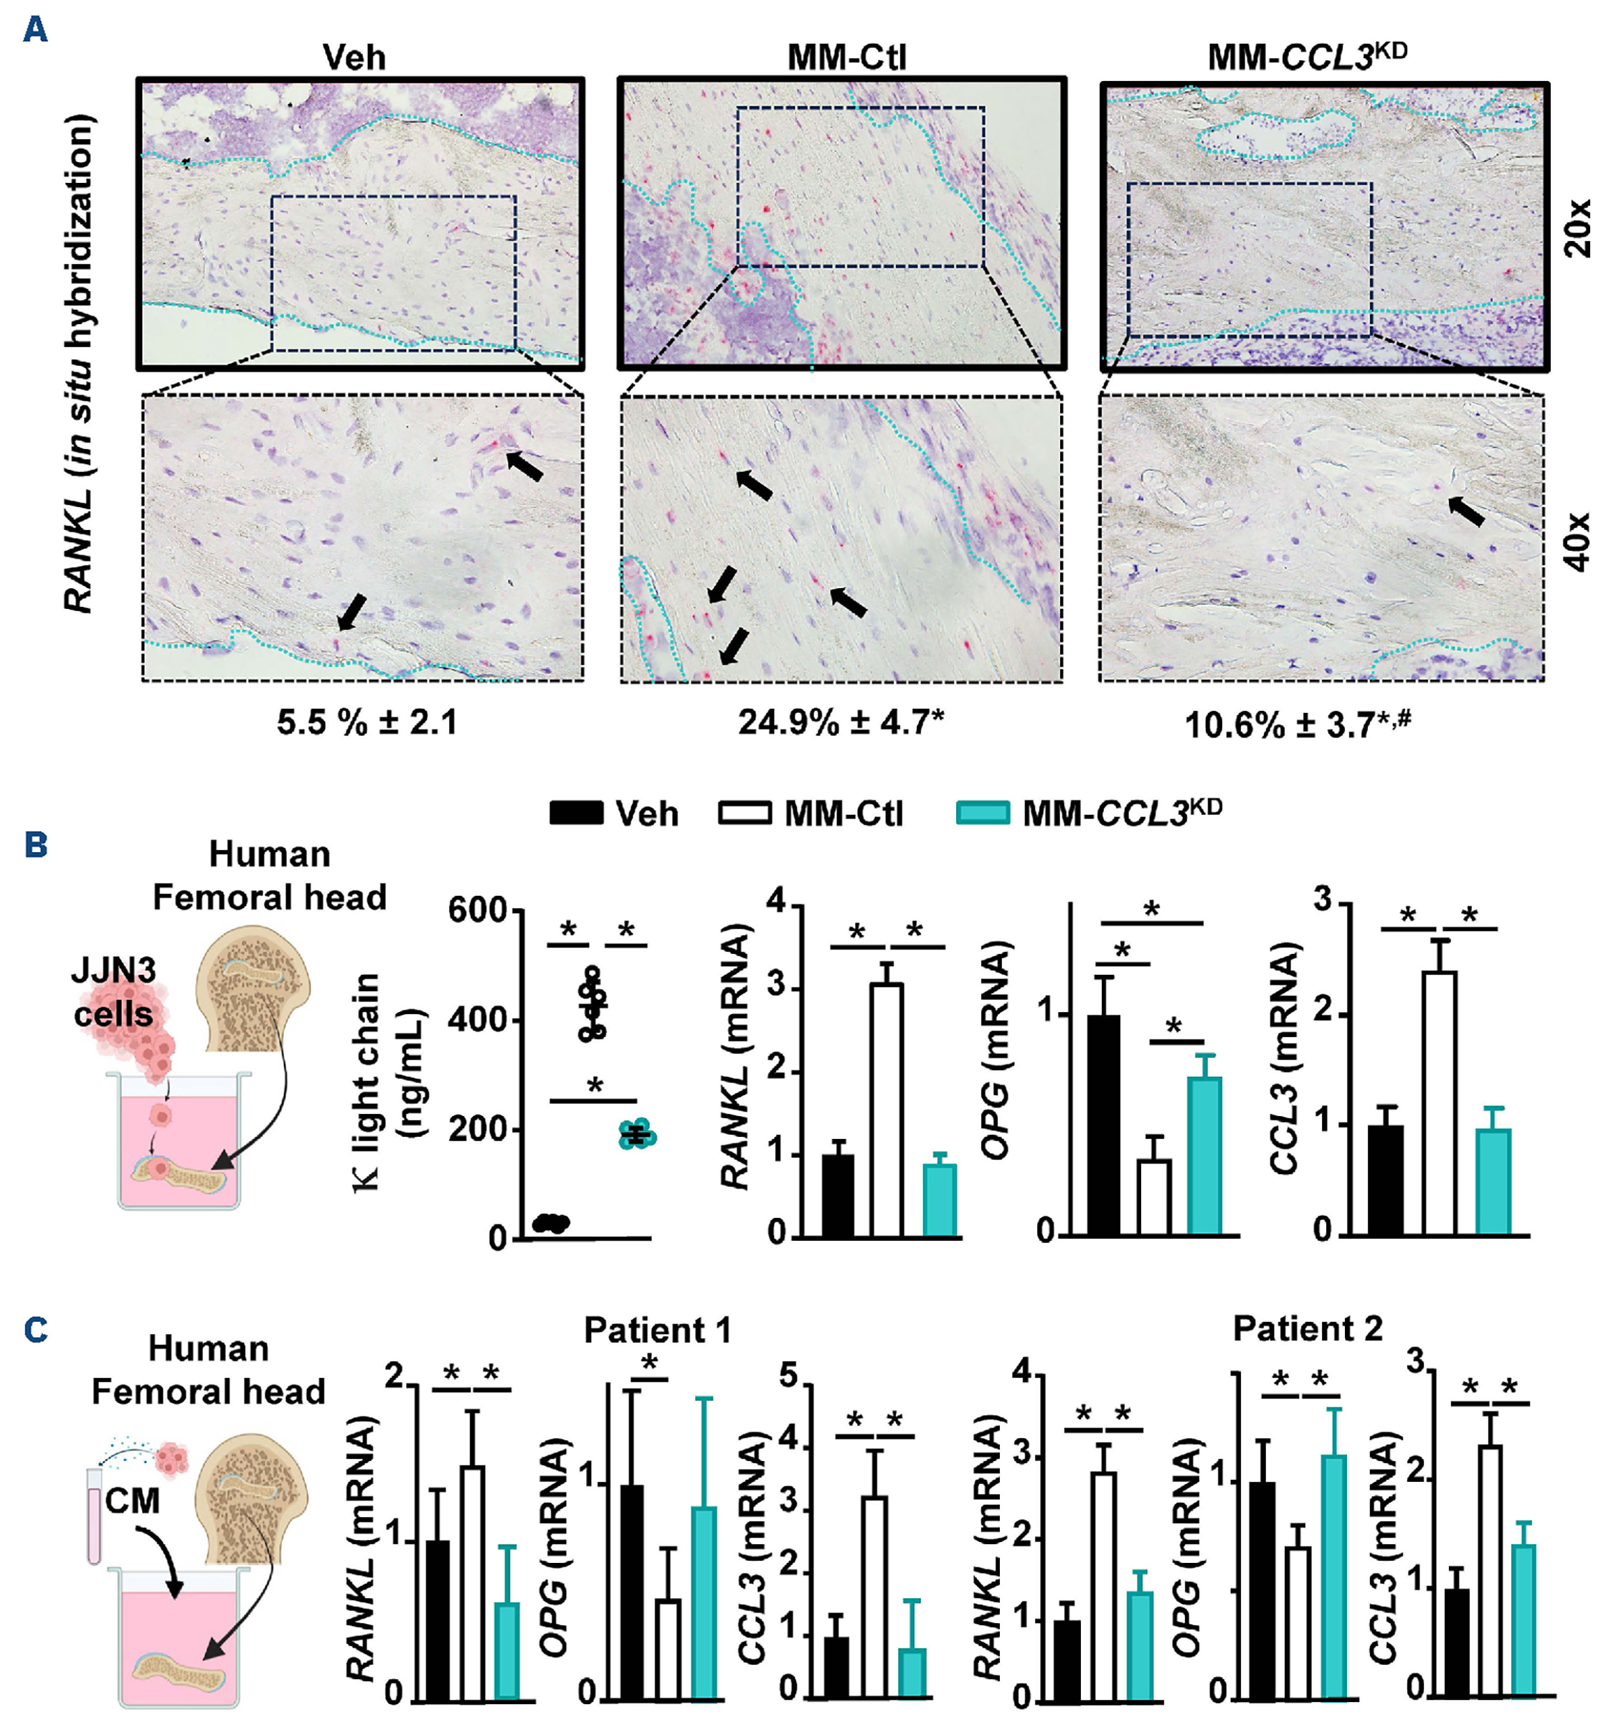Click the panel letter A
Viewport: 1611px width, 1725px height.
tap(34, 30)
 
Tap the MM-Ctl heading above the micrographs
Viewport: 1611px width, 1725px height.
tap(846, 57)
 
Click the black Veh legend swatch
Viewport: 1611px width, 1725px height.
tap(576, 813)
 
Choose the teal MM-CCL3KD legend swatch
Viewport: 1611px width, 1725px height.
tap(982, 813)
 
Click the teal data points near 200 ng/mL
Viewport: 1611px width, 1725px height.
tap(638, 1134)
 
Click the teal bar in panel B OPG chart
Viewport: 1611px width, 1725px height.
tap(1204, 1155)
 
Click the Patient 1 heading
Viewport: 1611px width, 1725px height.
tap(657, 1329)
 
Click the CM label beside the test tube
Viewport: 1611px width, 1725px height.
tap(132, 1499)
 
